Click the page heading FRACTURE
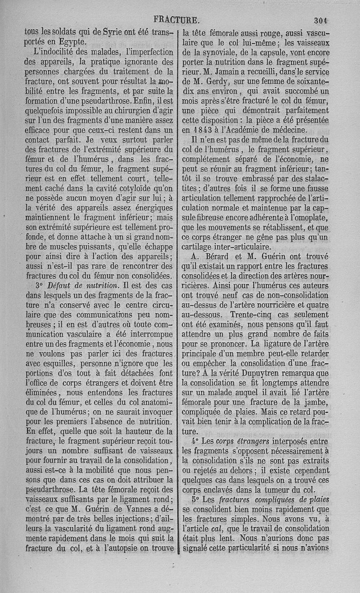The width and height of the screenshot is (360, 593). coord(176,20)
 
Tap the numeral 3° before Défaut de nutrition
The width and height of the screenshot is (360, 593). coord(39,286)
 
